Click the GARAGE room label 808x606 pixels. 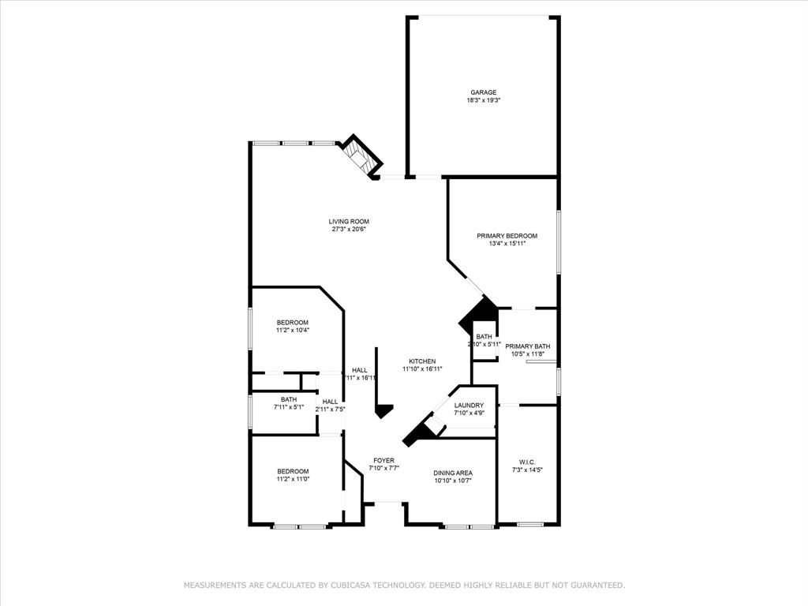[484, 92]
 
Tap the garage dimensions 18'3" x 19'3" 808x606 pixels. [484, 101]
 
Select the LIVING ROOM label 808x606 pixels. [349, 222]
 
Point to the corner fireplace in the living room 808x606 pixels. [360, 155]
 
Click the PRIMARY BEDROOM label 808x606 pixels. [507, 236]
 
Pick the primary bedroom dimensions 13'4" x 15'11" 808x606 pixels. [507, 244]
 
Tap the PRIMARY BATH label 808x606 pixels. [528, 346]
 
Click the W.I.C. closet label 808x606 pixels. [527, 462]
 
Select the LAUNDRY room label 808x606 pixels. [469, 406]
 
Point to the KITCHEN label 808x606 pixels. [422, 361]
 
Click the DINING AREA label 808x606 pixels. [453, 473]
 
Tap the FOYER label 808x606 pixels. [384, 460]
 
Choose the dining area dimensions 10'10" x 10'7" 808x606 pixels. [453, 480]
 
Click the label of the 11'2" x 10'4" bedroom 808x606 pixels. [292, 323]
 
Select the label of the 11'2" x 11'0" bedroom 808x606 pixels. [292, 471]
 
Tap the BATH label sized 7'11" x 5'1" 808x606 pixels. [288, 399]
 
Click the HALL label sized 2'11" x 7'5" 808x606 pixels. [330, 402]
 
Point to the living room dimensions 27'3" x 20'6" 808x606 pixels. [349, 230]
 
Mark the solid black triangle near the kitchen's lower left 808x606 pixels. [384, 411]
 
